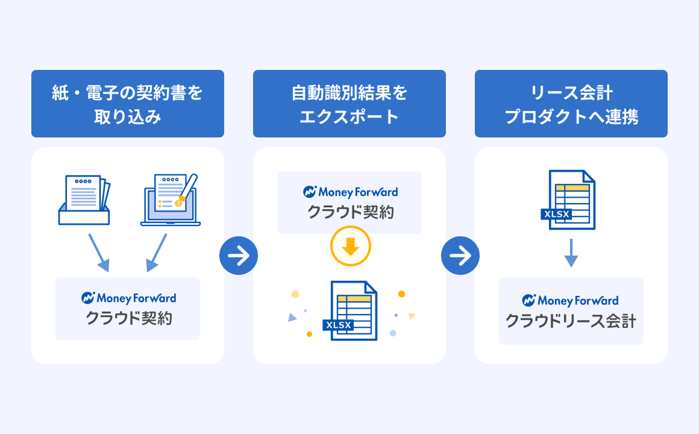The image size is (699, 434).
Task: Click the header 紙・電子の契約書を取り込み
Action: click(128, 104)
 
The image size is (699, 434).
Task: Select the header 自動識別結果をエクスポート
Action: click(349, 104)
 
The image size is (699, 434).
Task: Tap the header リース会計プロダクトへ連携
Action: click(571, 104)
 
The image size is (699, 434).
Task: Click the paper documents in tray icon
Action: click(84, 200)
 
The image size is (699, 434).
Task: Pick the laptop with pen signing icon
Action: click(171, 200)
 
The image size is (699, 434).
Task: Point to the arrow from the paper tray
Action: click(98, 253)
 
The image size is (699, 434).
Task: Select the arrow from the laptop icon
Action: click(157, 253)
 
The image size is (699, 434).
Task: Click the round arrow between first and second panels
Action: click(239, 256)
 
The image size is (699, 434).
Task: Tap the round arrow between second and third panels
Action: click(460, 256)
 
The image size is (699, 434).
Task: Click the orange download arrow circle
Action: click(350, 246)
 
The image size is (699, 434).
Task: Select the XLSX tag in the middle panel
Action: click(339, 325)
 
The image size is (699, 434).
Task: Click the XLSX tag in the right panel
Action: click(556, 214)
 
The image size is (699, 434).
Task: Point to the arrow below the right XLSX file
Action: click(571, 253)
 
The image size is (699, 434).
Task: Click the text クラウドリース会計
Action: click(571, 321)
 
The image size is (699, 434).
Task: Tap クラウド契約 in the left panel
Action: click(128, 318)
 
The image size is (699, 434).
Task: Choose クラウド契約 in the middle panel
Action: click(350, 212)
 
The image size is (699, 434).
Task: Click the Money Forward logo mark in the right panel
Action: click(528, 300)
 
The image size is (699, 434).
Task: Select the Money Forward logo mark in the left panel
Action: click(88, 298)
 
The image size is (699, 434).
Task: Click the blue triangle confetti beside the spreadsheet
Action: click(292, 318)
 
